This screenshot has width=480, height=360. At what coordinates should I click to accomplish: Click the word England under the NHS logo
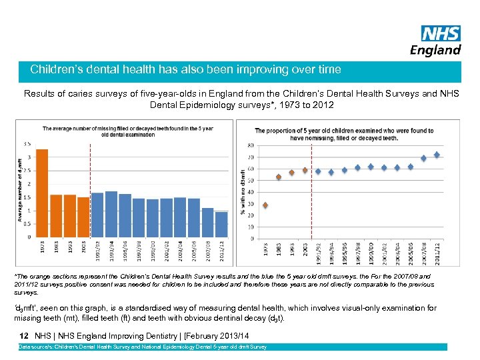coord(436,50)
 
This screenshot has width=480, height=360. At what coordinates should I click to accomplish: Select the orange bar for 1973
coord(42,193)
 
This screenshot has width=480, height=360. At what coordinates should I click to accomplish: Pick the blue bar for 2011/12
coord(221,224)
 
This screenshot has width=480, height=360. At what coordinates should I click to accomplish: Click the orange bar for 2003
coord(83,217)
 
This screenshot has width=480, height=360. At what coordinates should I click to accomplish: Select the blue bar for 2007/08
coord(207,222)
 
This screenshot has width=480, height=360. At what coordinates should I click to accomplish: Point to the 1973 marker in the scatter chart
coord(265,205)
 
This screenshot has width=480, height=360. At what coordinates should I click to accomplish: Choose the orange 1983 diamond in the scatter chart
coord(279,177)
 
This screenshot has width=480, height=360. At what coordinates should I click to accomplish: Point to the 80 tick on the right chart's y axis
coord(250,145)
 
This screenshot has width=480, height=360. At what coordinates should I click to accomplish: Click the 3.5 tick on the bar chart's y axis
coord(27,143)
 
